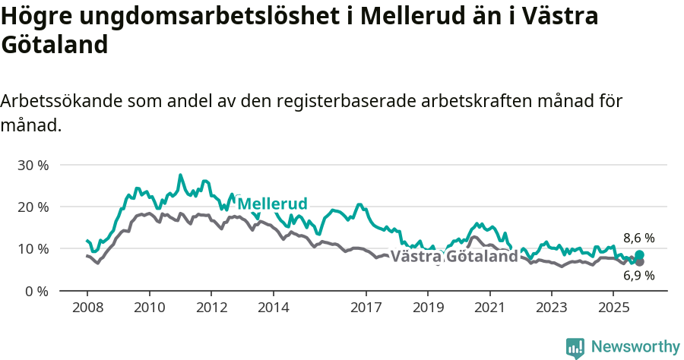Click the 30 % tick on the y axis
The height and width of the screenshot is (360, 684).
pyautogui.click(x=32, y=165)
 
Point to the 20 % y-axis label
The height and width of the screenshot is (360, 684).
pyautogui.click(x=32, y=207)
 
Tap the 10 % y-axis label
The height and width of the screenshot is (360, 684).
pyautogui.click(x=32, y=248)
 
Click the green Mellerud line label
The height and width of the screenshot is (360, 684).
pyautogui.click(x=272, y=204)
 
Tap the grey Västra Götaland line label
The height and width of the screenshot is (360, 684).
pyautogui.click(x=454, y=257)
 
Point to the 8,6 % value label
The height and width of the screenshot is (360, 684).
pyautogui.click(x=638, y=238)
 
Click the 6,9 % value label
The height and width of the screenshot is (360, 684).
pyautogui.click(x=638, y=276)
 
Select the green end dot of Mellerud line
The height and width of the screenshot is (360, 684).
pyautogui.click(x=639, y=255)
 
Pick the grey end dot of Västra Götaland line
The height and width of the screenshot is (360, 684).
pyautogui.click(x=639, y=262)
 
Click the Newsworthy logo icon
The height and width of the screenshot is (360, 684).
pyautogui.click(x=575, y=347)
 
